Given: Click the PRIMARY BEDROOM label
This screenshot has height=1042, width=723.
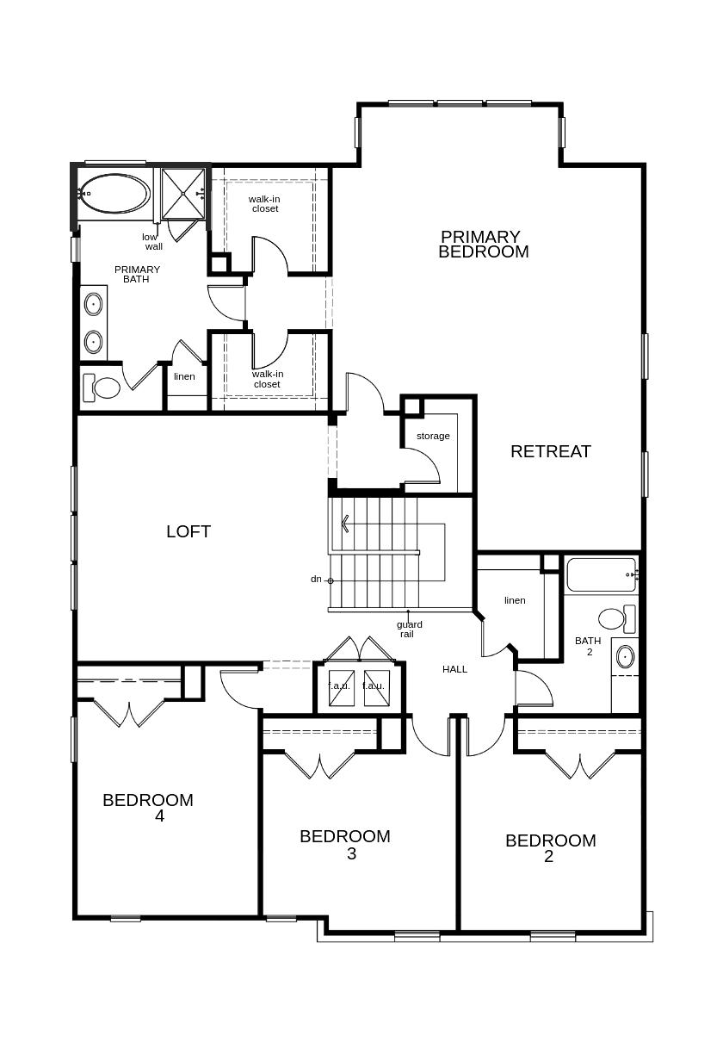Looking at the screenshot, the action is [483, 245].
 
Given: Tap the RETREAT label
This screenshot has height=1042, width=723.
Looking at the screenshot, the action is [551, 451].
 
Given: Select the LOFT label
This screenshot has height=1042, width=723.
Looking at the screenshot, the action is [188, 531].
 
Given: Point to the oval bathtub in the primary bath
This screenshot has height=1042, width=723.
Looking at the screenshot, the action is [114, 194].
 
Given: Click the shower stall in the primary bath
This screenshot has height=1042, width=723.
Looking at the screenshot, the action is [182, 194].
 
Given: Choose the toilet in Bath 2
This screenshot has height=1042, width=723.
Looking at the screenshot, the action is [616, 619].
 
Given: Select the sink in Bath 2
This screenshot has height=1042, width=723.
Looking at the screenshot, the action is [625, 657].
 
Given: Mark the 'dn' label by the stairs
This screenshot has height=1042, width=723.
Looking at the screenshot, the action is [316, 580].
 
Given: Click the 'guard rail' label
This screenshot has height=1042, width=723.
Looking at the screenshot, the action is [409, 629].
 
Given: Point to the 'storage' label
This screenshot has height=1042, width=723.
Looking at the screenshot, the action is [433, 436].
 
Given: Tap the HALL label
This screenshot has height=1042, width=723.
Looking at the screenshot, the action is [454, 669].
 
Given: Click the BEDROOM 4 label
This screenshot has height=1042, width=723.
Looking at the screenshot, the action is [148, 808].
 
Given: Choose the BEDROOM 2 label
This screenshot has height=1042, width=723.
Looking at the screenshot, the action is [551, 848].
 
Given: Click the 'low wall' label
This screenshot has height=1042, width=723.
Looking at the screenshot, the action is [152, 242].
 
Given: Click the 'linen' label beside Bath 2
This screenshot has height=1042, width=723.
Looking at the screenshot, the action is [515, 600].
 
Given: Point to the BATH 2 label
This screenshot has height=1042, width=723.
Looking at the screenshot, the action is [588, 646].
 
